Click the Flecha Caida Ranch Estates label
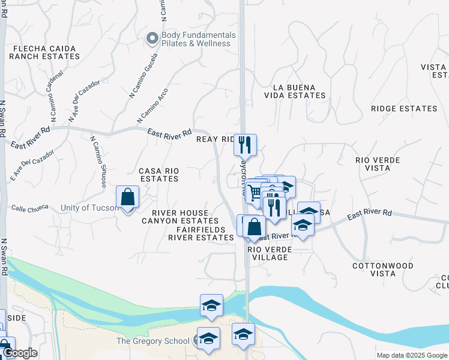click(x=44, y=52)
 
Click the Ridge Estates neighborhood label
click(x=404, y=109)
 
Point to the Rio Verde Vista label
click(x=382, y=165)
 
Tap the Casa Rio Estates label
click(x=158, y=175)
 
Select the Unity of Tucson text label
click(x=89, y=208)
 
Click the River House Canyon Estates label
click(x=181, y=217)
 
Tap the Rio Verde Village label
click(x=267, y=253)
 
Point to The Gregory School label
click(x=152, y=341)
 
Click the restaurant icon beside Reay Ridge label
click(x=245, y=145)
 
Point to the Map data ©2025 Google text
click(x=411, y=355)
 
